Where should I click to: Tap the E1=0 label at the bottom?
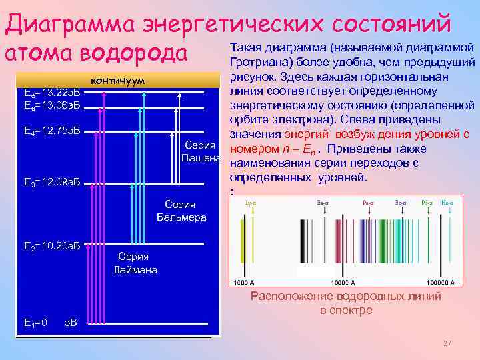(35, 323)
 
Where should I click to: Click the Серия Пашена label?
(201, 151)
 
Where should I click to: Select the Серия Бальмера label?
(181, 211)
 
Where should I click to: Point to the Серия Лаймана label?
(135, 263)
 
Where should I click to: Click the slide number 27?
(447, 343)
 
